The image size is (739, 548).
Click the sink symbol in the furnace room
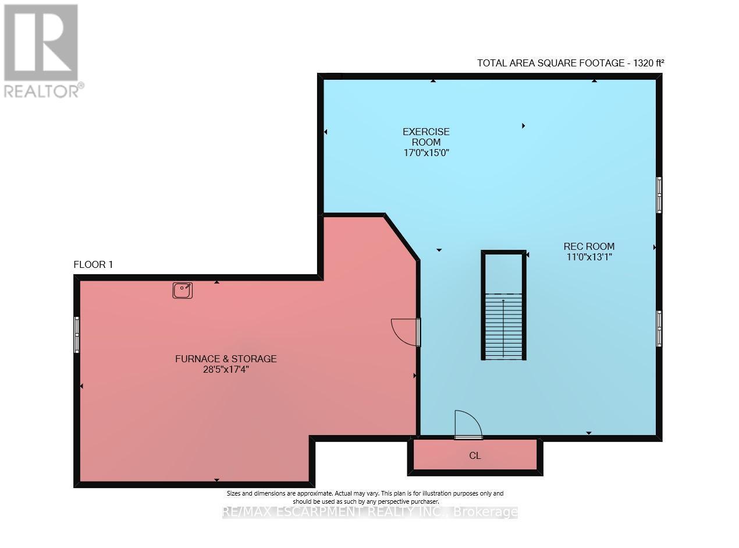(183, 290)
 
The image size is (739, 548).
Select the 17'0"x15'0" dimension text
(426, 153)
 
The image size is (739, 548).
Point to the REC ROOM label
(589, 246)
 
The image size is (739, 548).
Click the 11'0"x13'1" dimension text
(589, 257)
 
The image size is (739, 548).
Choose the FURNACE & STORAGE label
(226, 359)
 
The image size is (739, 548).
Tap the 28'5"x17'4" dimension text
(226, 369)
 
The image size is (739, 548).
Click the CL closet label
(475, 456)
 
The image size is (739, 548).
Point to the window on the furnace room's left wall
(77, 334)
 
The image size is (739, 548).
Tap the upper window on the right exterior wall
(659, 195)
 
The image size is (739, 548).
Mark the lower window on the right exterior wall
(659, 328)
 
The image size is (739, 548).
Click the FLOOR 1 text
(93, 265)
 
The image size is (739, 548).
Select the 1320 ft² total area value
(645, 63)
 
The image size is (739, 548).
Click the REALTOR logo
(42, 50)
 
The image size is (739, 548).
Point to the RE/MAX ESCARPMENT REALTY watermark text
(370, 512)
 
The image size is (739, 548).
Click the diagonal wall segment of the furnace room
(402, 237)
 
